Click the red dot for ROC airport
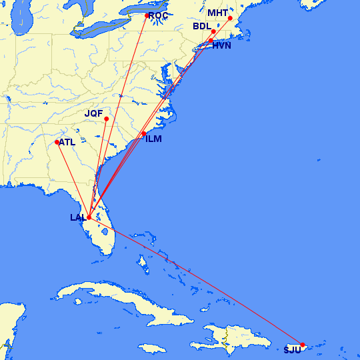click(x=147, y=15)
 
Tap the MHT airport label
click(x=217, y=13)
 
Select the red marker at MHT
click(x=230, y=18)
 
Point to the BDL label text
click(x=201, y=27)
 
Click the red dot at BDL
click(x=213, y=31)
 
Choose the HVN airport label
click(x=222, y=47)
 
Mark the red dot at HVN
click(x=211, y=41)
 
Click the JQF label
click(x=94, y=113)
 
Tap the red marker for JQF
click(x=107, y=119)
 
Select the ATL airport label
click(x=67, y=142)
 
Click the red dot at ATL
click(x=57, y=142)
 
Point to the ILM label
click(x=153, y=139)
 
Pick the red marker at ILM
click(x=144, y=134)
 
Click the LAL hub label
click(x=77, y=217)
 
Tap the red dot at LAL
click(x=89, y=217)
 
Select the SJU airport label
click(x=292, y=350)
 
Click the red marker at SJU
click(x=303, y=345)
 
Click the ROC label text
click(x=159, y=15)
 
